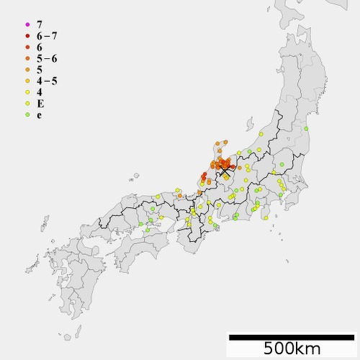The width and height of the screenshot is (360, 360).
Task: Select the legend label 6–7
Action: [x=46, y=35]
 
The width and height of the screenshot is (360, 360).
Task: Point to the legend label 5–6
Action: [x=46, y=58]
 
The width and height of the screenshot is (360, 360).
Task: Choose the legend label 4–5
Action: [x=46, y=81]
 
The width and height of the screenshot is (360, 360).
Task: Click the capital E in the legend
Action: [x=40, y=104]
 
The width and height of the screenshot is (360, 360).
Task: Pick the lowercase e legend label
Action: [x=39, y=115]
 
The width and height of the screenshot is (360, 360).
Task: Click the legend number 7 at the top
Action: [x=39, y=24]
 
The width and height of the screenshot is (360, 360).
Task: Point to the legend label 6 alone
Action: [x=39, y=47]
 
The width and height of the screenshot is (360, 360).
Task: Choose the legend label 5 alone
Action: [x=39, y=70]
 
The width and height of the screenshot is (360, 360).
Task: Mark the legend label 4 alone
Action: [x=39, y=92]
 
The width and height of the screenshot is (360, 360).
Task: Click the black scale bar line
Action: [x=291, y=336]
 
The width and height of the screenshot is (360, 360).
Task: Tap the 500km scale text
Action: [x=291, y=349]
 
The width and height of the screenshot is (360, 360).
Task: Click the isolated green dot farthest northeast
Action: [x=307, y=128]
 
